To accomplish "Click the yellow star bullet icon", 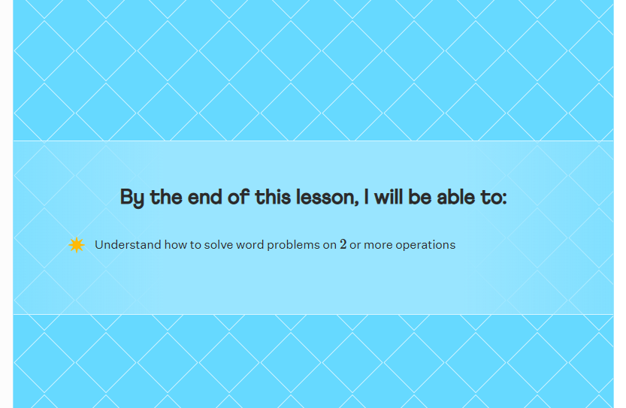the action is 76,245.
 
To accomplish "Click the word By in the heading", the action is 132,198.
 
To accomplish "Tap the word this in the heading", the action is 273,197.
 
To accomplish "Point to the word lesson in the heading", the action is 325,197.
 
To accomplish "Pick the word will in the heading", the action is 388,197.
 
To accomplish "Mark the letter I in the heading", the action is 366,197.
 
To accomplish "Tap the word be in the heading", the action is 419,197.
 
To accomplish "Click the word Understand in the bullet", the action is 128,245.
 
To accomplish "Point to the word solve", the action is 219,245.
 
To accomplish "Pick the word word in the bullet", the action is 250,245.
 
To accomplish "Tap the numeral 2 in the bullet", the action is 343,244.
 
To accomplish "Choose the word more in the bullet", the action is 378,245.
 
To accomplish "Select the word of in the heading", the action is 239,197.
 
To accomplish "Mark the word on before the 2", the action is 330,245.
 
